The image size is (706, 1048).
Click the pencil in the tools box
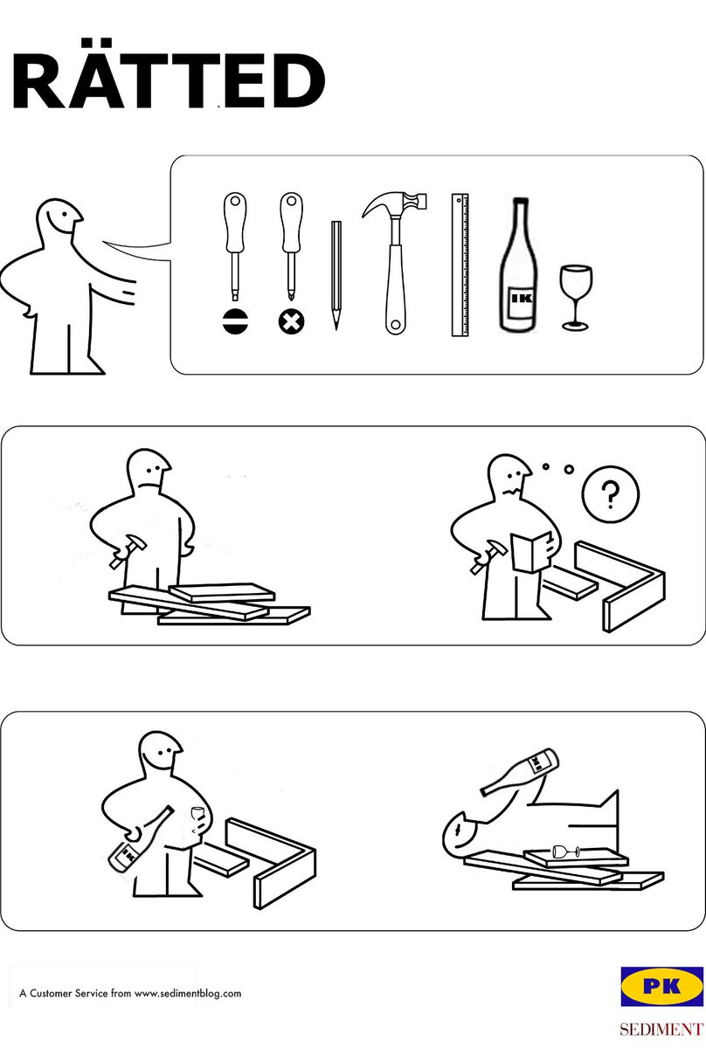(x=336, y=275)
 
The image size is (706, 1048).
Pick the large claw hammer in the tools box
(x=395, y=264)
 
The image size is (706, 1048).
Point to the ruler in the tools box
(x=460, y=265)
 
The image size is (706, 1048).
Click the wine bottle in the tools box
(x=517, y=265)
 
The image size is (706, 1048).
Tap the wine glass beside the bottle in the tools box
(x=576, y=298)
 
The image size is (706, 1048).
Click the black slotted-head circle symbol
(x=236, y=322)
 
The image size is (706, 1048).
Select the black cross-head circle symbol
(x=292, y=322)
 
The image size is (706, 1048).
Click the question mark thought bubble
(x=611, y=494)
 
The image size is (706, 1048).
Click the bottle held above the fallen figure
(x=521, y=771)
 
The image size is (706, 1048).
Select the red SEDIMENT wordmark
(x=662, y=1030)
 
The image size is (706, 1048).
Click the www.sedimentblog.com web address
(x=188, y=993)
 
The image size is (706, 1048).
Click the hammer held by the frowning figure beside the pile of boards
(x=128, y=551)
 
